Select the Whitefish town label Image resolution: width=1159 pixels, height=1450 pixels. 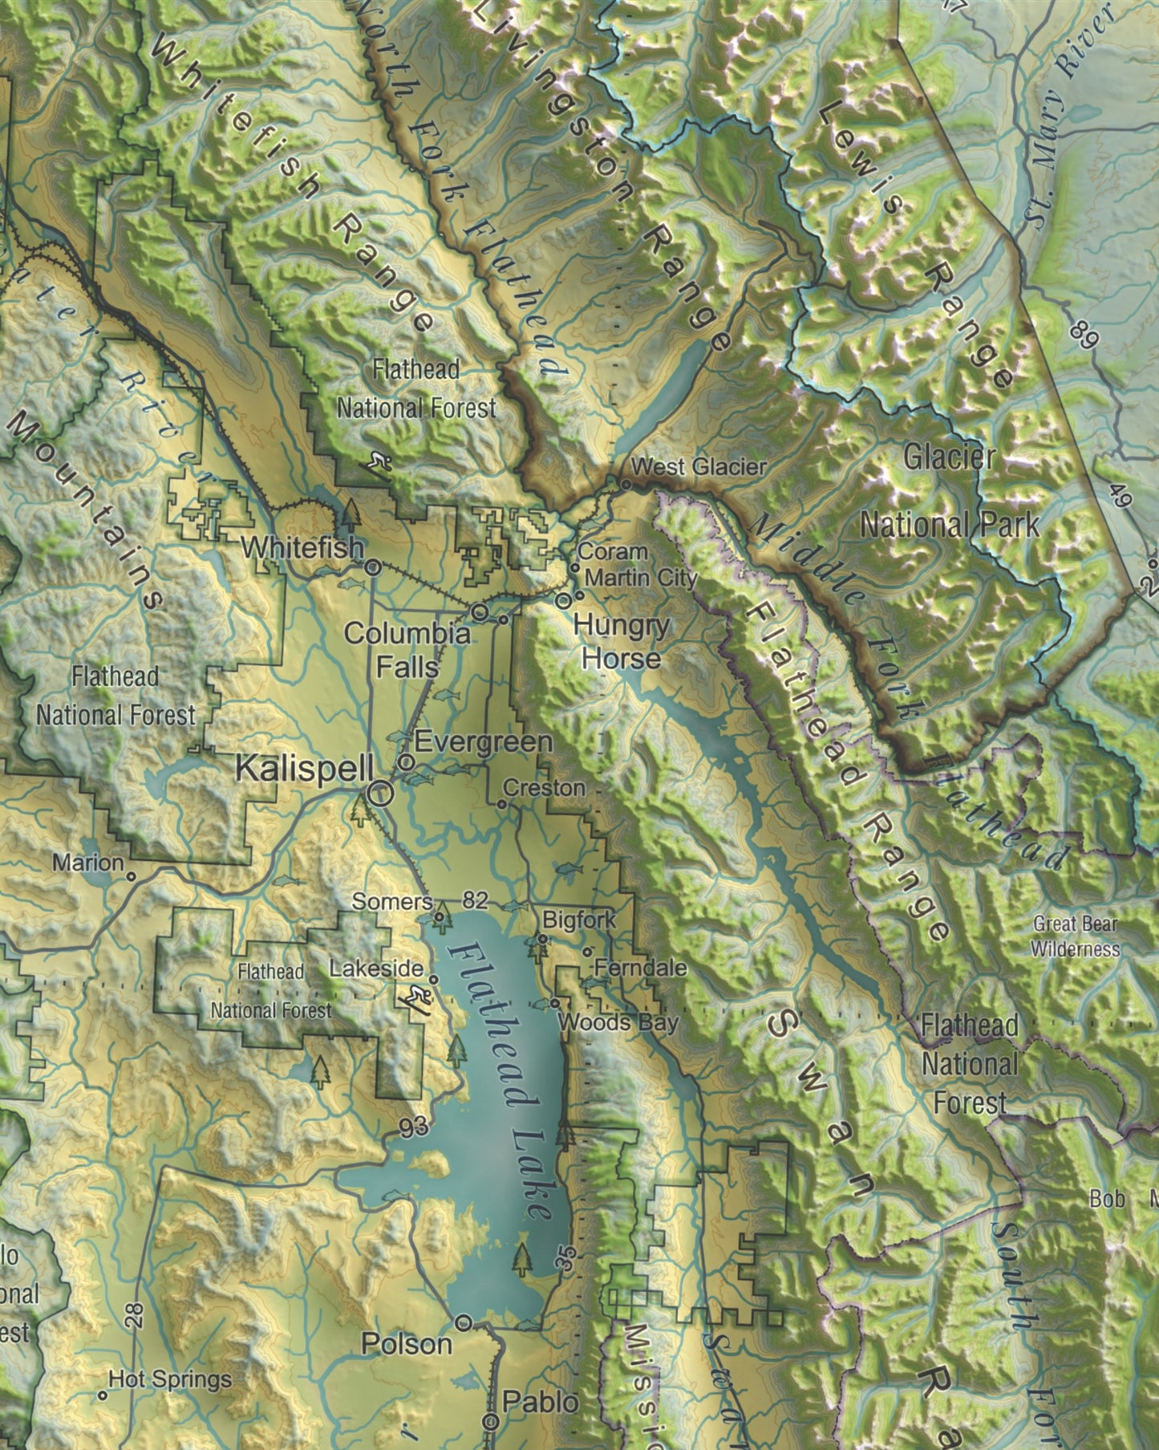[302, 548]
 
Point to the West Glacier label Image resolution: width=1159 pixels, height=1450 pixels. [699, 466]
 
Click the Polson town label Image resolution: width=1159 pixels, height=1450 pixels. [407, 1344]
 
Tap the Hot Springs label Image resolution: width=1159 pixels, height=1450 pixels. [169, 1379]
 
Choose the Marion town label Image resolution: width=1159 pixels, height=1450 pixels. [88, 863]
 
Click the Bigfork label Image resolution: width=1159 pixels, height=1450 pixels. [579, 920]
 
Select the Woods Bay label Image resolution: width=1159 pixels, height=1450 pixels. [618, 1022]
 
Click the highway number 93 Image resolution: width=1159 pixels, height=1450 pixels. [414, 1127]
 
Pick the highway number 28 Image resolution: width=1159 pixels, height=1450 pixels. [134, 1314]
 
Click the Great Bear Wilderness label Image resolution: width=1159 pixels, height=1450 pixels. [1075, 936]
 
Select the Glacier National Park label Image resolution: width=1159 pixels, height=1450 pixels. [950, 491]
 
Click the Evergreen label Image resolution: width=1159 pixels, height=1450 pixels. [484, 742]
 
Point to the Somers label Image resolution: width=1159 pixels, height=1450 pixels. [392, 902]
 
